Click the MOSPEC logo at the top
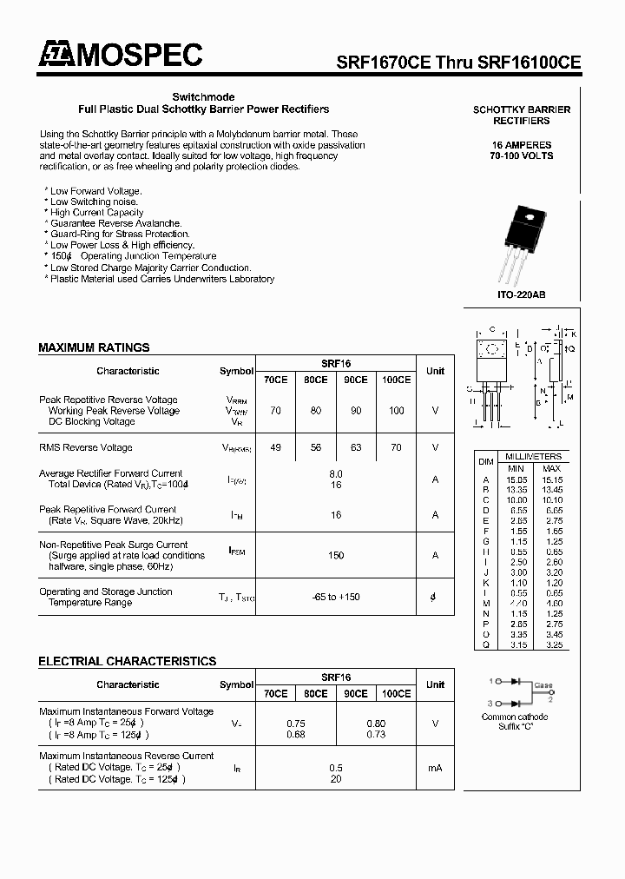(120, 56)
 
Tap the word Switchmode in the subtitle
(203, 97)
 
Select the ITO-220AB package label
(522, 295)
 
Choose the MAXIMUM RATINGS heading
(94, 347)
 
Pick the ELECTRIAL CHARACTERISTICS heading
(127, 662)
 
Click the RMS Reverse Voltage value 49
(275, 448)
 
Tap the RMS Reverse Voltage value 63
(355, 448)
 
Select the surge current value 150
(336, 556)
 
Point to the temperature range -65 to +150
(336, 598)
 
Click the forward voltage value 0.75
(295, 724)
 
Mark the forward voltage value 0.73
(376, 735)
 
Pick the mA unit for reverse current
(435, 768)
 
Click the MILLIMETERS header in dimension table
(533, 457)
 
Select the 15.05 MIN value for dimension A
(516, 479)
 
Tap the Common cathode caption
(515, 717)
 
